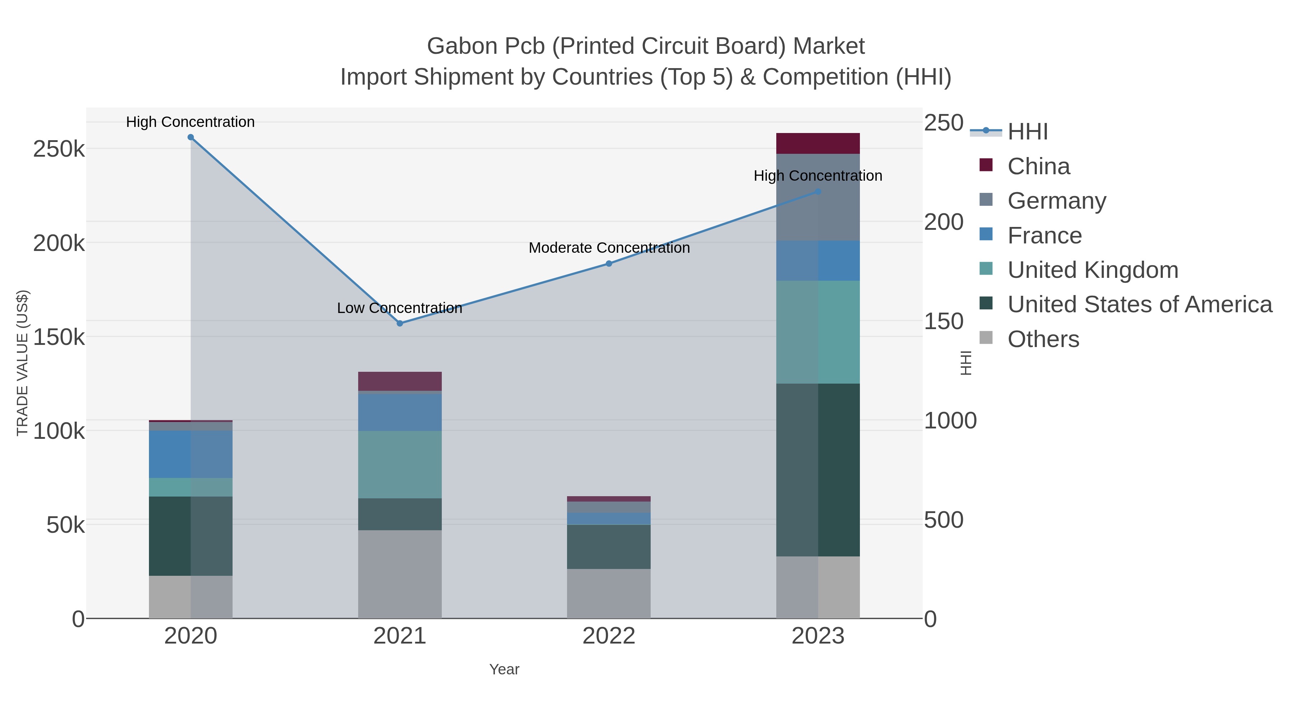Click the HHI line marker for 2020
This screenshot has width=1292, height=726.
[x=191, y=137]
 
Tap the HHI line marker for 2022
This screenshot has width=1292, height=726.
[x=609, y=264]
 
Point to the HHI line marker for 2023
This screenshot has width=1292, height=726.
[x=818, y=192]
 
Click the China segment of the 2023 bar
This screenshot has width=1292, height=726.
[x=818, y=144]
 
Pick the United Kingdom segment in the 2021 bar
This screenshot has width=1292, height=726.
[x=400, y=464]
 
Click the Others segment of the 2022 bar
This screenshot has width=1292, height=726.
[x=609, y=593]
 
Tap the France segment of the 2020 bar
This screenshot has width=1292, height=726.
[x=191, y=454]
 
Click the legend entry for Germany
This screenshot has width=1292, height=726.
[x=1056, y=201]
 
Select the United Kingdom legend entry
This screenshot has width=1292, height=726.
[x=1092, y=270]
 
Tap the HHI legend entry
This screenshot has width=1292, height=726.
[x=1027, y=132]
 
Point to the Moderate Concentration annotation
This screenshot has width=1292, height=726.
[x=609, y=248]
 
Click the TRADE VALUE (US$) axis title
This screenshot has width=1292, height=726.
[x=23, y=363]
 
